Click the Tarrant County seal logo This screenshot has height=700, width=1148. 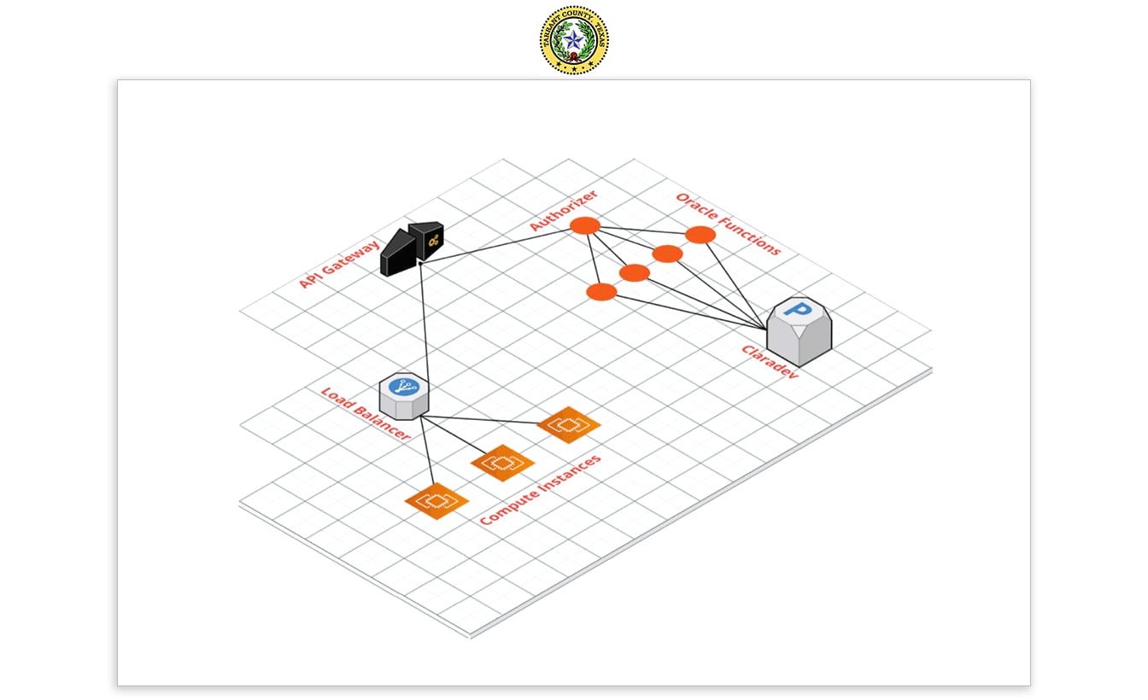[574, 39]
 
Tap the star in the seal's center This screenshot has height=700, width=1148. [574, 39]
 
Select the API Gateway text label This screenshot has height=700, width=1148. [340, 263]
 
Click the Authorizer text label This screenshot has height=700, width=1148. [563, 210]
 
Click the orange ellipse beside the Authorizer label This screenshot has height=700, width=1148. [585, 225]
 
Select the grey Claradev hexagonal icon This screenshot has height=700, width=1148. [799, 334]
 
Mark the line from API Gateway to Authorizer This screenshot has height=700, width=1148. [495, 247]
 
